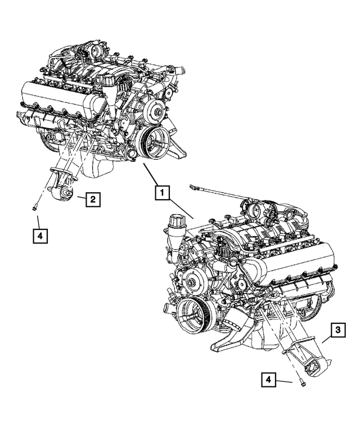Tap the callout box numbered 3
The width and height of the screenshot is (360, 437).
click(336, 331)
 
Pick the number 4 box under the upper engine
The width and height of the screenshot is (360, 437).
click(39, 236)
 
